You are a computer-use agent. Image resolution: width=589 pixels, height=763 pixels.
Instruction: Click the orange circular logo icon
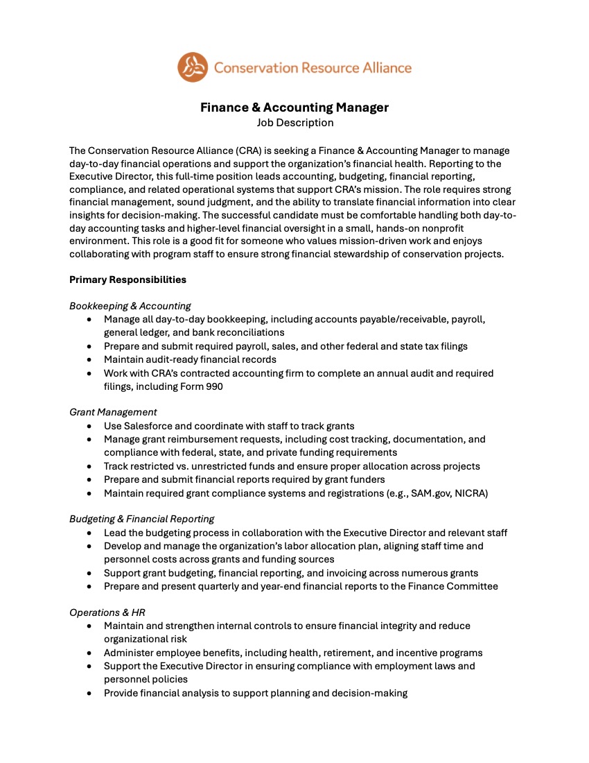[192, 67]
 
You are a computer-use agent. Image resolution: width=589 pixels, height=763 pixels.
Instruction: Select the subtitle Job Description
[294, 123]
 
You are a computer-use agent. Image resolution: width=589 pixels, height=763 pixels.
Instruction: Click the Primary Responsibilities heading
[128, 280]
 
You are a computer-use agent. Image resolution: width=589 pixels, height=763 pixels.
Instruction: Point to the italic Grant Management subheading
[113, 412]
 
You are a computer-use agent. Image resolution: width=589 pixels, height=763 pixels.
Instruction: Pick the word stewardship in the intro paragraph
[376, 254]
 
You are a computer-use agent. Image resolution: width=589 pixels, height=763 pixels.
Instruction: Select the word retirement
[324, 653]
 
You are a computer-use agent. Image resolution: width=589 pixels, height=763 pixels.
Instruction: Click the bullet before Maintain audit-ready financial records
[89, 359]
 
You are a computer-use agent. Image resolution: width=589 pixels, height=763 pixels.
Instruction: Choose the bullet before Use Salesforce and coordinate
[89, 426]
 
